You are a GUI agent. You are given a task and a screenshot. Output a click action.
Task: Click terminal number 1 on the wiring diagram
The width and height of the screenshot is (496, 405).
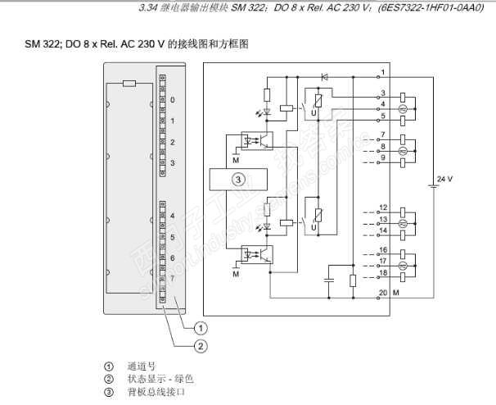[x=384, y=74]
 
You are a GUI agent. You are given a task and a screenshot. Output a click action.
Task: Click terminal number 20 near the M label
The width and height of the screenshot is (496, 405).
[x=382, y=293]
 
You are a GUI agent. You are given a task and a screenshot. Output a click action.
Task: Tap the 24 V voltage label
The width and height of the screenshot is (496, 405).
[x=444, y=178]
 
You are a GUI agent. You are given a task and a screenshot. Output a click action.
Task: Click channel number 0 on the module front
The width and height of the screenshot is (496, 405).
[x=173, y=99]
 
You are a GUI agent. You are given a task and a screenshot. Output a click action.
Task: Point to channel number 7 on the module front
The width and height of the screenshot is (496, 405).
[x=173, y=279]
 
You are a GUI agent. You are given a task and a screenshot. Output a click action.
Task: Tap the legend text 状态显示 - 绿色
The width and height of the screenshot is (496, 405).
[x=160, y=379]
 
